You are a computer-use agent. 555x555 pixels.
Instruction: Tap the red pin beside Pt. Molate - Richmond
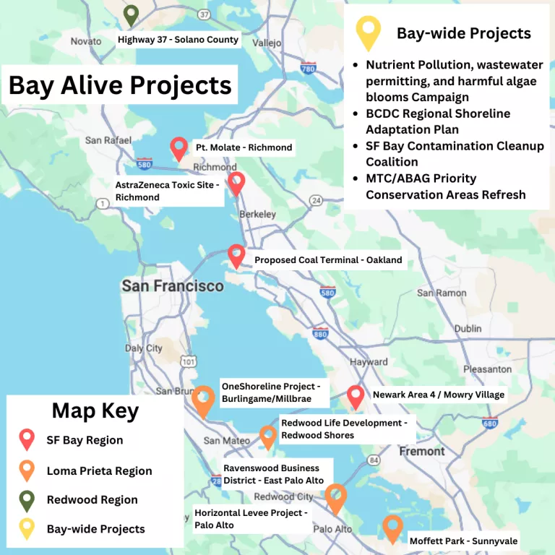(178, 148)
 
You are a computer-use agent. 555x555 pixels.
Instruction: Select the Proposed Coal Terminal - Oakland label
(327, 260)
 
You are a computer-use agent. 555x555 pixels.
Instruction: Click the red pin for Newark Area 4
(355, 396)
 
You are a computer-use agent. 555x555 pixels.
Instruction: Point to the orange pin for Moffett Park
(392, 528)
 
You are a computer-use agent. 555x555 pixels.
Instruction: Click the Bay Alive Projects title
(120, 85)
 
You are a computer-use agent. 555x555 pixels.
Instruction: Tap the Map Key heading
(95, 411)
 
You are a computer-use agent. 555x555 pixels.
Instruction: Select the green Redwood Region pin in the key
(27, 499)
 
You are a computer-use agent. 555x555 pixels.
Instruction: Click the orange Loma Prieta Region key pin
(27, 470)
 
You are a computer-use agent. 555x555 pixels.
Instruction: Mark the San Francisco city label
(173, 286)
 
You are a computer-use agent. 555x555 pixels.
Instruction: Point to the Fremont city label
(422, 451)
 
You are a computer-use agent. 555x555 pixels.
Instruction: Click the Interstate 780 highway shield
(308, 69)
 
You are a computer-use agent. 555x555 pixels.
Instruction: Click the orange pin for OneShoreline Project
(204, 400)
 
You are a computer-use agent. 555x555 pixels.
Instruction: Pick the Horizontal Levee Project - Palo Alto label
(251, 518)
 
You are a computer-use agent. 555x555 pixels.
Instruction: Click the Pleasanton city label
(487, 369)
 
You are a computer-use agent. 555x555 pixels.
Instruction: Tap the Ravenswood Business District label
(273, 474)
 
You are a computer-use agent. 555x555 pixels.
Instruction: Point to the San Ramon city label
(441, 293)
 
